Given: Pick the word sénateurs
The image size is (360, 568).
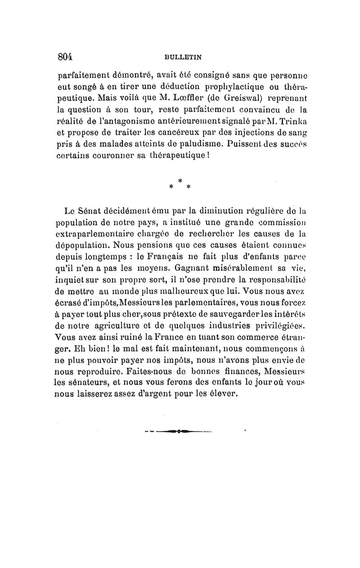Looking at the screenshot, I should [92, 385].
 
